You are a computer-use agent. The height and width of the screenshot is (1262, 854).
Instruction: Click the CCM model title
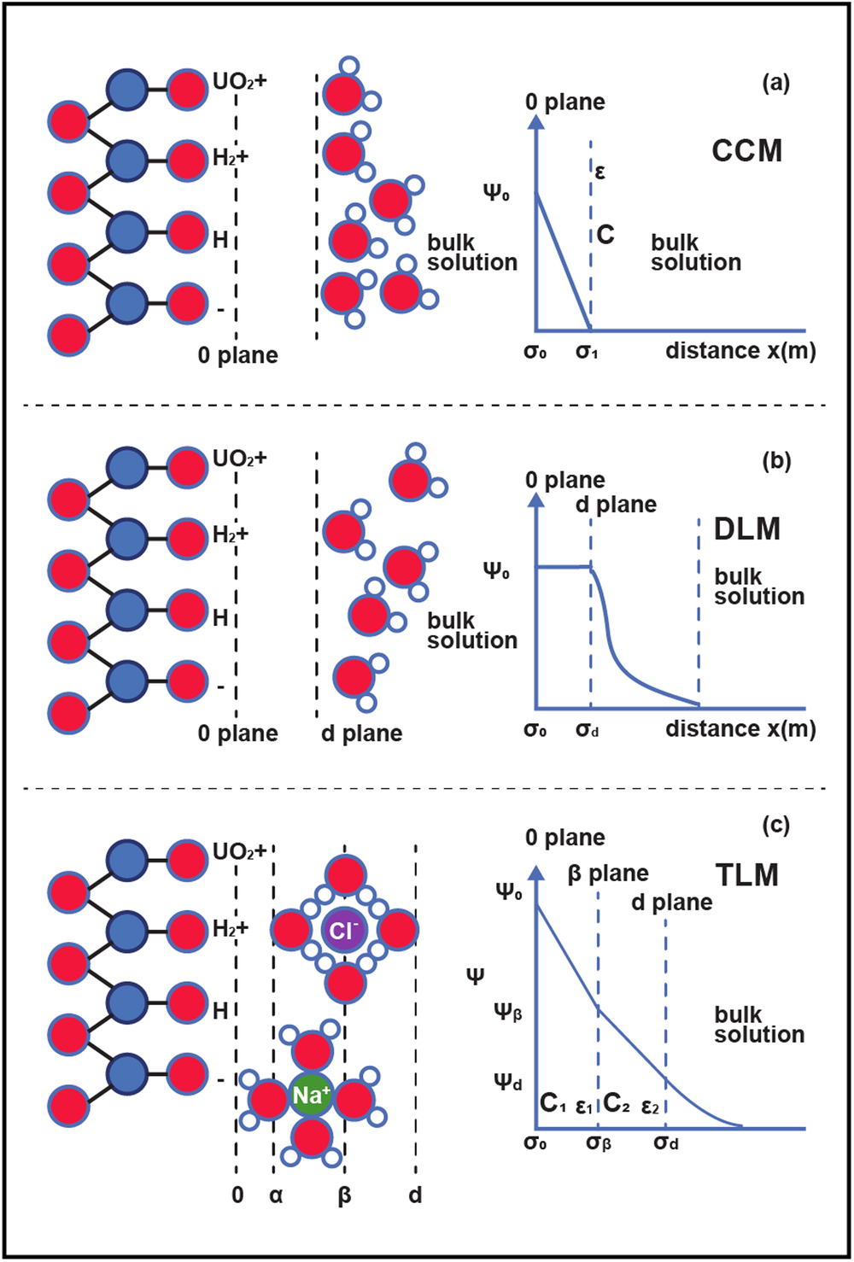(746, 151)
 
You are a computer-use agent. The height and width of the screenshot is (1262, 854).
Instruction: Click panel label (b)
(775, 462)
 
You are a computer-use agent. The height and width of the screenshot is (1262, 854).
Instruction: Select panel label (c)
(775, 825)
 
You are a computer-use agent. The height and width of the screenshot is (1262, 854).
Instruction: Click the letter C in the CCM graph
(605, 234)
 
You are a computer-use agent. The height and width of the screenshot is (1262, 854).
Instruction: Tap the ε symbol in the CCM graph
(600, 172)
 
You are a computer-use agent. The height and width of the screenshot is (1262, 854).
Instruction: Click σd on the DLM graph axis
(588, 729)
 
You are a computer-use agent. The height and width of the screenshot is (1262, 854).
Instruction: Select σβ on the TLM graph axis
(599, 1142)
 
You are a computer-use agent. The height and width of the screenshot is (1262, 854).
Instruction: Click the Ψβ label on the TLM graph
(508, 1013)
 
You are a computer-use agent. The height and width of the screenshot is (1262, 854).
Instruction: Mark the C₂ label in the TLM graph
(617, 1103)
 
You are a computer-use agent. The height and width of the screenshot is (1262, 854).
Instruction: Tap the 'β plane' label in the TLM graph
(608, 874)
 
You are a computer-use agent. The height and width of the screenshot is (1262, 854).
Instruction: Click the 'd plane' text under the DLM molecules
(361, 733)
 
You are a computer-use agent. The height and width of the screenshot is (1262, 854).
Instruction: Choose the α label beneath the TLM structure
(275, 1195)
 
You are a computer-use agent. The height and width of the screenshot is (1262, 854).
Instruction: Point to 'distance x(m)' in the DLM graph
(740, 729)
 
